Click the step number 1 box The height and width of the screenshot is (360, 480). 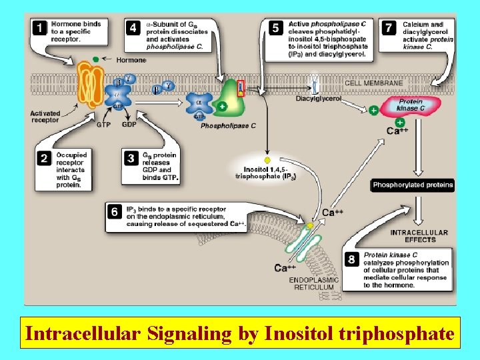coord(40,29)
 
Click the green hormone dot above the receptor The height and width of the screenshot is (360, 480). coord(96,59)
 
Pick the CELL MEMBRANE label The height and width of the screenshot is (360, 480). coord(373,83)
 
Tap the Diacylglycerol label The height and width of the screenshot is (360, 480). coord(319,98)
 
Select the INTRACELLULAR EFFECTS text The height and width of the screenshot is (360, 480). coord(419,236)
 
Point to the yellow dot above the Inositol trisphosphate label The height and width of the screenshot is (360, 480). coord(267,161)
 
